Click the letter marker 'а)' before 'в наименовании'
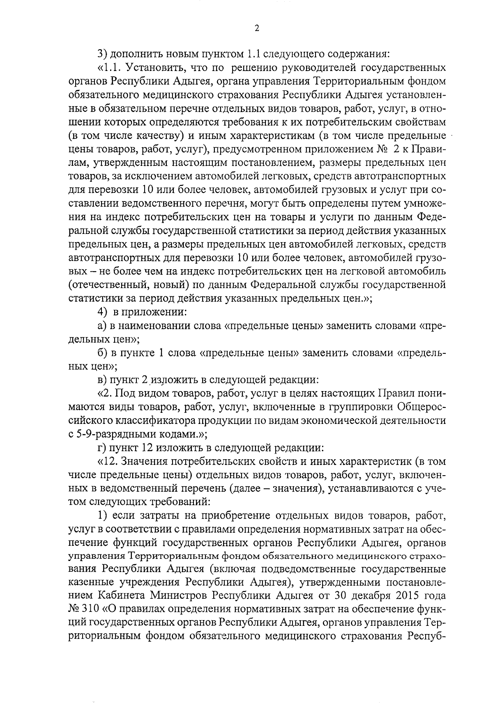101,326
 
